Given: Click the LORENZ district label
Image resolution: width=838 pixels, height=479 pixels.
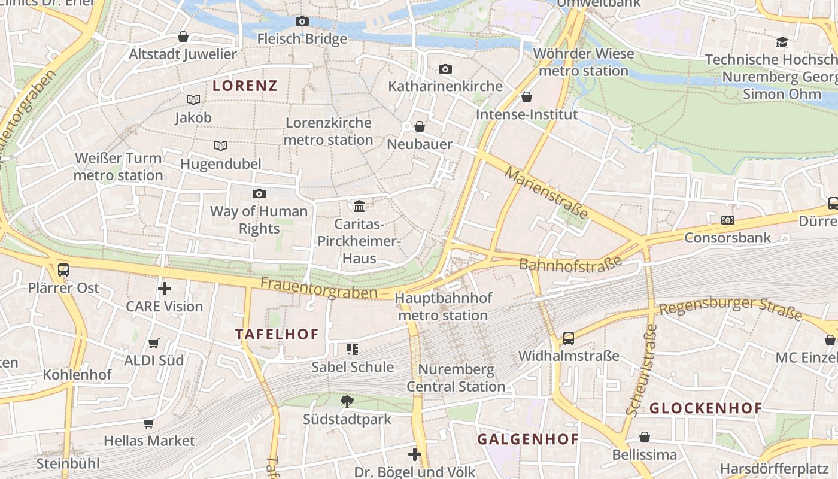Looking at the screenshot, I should coord(245,86).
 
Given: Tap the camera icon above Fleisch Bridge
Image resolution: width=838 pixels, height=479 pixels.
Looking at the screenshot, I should coord(302,22).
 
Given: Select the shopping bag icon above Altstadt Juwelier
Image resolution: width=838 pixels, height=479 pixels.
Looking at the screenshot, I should coord(183,37).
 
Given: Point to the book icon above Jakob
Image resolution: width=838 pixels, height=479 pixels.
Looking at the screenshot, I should coord(193,99).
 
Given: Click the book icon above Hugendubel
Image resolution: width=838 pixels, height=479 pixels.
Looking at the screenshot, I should coord(221,145).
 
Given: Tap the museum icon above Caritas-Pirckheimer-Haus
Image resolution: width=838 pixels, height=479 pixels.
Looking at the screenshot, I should coord(359,206).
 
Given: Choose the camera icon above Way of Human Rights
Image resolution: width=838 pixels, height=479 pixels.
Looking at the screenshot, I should coord(259,193).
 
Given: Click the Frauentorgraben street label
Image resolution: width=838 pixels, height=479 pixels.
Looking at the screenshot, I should coord(319,288).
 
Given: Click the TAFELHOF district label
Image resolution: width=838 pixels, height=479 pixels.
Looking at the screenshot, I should coord(277,334).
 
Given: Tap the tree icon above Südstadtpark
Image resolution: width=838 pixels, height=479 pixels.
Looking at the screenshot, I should coord(347,401).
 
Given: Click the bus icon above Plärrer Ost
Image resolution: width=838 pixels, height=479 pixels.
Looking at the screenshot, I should coord(63,270).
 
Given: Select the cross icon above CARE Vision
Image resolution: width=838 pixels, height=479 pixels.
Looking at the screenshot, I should coord(165,289).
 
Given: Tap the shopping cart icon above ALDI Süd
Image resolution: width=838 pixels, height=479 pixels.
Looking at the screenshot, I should coord(154,343).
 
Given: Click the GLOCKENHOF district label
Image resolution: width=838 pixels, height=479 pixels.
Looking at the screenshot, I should coord(706,408).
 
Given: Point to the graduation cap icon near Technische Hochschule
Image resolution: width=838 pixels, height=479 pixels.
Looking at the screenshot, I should coord(782,42).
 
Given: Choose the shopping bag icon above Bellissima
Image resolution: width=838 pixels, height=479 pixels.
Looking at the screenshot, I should coord(644,437).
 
